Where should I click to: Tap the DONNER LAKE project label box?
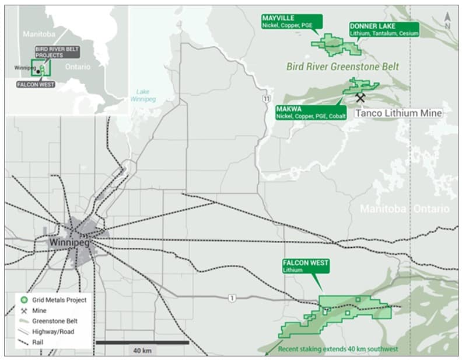click(x=383, y=30)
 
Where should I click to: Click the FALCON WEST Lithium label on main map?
click(x=306, y=266)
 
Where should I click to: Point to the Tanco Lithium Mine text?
click(x=398, y=113)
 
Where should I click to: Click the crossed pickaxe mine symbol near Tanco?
click(x=360, y=98)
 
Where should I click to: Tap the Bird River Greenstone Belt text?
click(x=342, y=67)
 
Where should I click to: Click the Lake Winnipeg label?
click(x=143, y=95)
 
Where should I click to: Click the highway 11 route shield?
click(x=267, y=99)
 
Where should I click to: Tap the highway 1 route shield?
click(x=233, y=298)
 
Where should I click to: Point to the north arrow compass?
click(x=447, y=21)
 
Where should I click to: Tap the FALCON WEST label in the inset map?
click(x=37, y=84)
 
